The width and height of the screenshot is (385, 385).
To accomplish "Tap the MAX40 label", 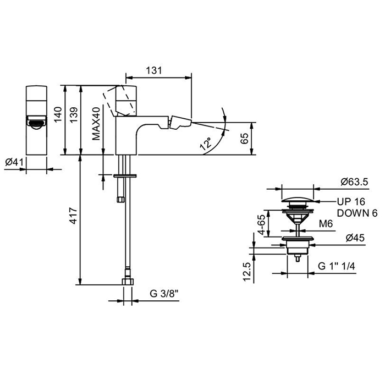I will (96, 124).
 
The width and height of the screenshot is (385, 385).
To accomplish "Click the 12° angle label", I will (205, 145).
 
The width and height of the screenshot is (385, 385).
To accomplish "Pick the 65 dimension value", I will (244, 138).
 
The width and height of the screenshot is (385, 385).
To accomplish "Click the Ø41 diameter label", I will (14, 162).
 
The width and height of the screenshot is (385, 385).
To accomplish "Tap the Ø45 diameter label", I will (349, 238).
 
